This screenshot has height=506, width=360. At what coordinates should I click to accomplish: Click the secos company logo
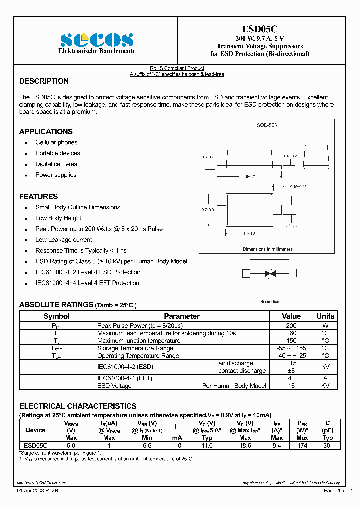tap(97, 40)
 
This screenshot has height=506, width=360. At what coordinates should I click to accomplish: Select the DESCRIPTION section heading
tap(44, 81)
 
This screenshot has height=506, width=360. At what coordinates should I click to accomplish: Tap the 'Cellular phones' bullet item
tap(56, 142)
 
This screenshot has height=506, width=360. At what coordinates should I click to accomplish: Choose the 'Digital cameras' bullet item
tap(56, 164)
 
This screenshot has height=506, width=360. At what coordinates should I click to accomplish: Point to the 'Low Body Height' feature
tap(58, 218)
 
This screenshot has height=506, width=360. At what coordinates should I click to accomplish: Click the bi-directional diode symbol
tap(270, 273)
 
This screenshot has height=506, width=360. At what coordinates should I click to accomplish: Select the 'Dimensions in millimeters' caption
tap(268, 249)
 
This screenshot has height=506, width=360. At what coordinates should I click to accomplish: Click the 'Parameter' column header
tap(182, 316)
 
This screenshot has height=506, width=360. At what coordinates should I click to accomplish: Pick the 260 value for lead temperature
tap(291, 333)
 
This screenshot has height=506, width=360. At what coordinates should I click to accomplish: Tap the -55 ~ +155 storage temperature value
tap(291, 348)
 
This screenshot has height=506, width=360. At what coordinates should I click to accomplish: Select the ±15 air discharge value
tap(291, 363)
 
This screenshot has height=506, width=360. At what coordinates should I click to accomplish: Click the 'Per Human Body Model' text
tap(234, 386)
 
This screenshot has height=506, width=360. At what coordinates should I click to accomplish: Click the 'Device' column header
tap(35, 430)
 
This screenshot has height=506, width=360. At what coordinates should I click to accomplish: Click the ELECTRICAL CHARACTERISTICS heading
tap(78, 406)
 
